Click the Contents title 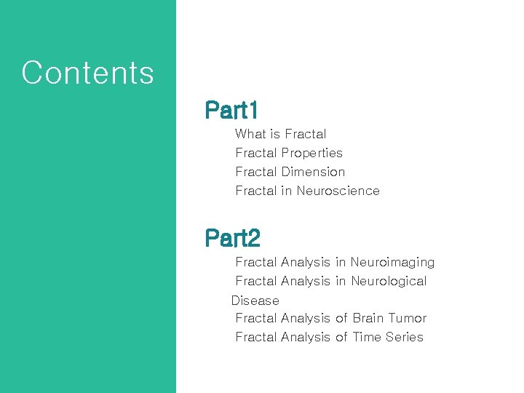tap(87, 73)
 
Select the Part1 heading tap(231, 110)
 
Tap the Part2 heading tap(232, 238)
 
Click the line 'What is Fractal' tap(281, 134)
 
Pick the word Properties tap(311, 153)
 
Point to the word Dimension tap(313, 172)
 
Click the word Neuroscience tap(338, 191)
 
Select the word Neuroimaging tap(392, 262)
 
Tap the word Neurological tap(389, 281)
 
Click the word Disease tap(255, 300)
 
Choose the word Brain tap(368, 318)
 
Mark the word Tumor tap(408, 318)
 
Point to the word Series tap(404, 337)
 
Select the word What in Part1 tap(251, 134)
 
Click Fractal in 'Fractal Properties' tap(256, 153)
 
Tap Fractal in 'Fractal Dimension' tap(256, 172)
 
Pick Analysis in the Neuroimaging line tap(305, 262)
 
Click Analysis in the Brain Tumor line tap(305, 318)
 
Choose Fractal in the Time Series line tap(256, 337)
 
